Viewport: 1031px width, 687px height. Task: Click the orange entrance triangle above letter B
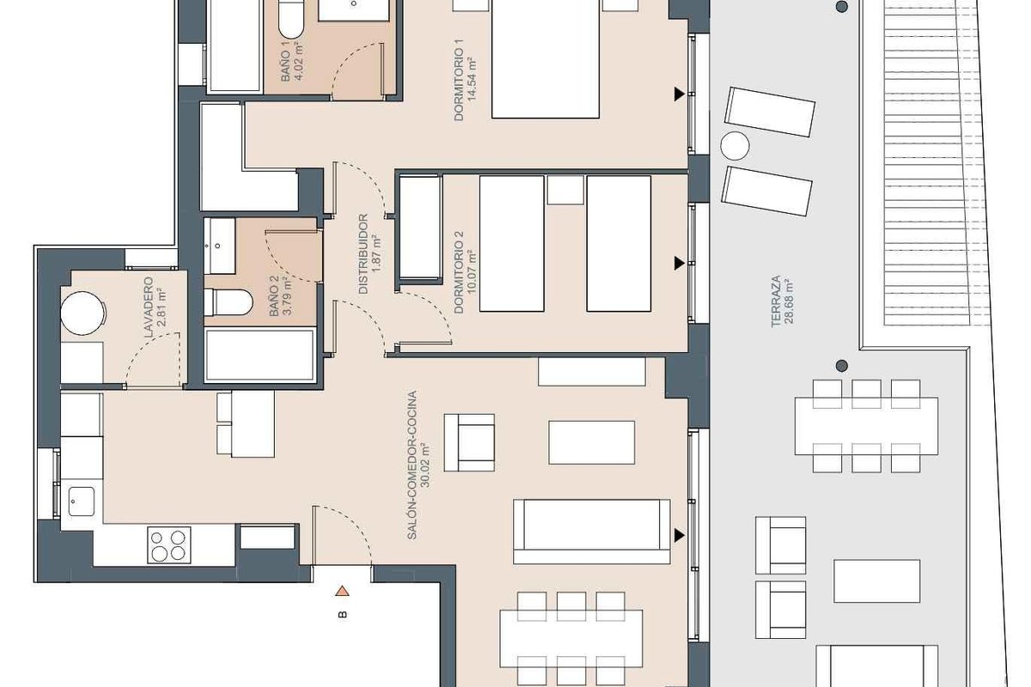point(342,591)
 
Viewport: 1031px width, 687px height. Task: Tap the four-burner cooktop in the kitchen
point(169,545)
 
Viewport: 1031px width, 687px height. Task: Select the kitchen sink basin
point(82,502)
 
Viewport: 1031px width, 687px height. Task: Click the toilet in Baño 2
point(229,302)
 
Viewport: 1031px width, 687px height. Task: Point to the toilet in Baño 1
point(291,18)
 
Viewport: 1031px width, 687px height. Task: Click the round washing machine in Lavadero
point(82,313)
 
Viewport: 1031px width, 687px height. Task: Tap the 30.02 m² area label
point(424,465)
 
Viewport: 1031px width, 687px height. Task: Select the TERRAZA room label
point(776,301)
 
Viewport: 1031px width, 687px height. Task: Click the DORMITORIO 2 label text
point(459,272)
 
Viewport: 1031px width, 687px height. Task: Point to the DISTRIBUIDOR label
point(363,254)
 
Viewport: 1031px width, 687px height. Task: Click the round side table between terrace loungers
point(735,146)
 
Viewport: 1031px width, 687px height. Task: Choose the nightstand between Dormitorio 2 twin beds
point(565,190)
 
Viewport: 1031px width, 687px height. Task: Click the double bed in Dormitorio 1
point(546,59)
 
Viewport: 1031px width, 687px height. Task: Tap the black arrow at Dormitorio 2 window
point(680,263)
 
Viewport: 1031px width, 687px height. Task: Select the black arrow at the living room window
point(680,535)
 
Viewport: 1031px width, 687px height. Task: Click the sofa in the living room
point(592,532)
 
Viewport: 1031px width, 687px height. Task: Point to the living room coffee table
point(591,442)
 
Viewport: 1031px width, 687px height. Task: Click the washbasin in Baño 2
point(220,246)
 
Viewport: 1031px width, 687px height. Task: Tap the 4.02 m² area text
point(299,61)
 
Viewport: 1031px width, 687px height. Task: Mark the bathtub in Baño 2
point(260,355)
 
